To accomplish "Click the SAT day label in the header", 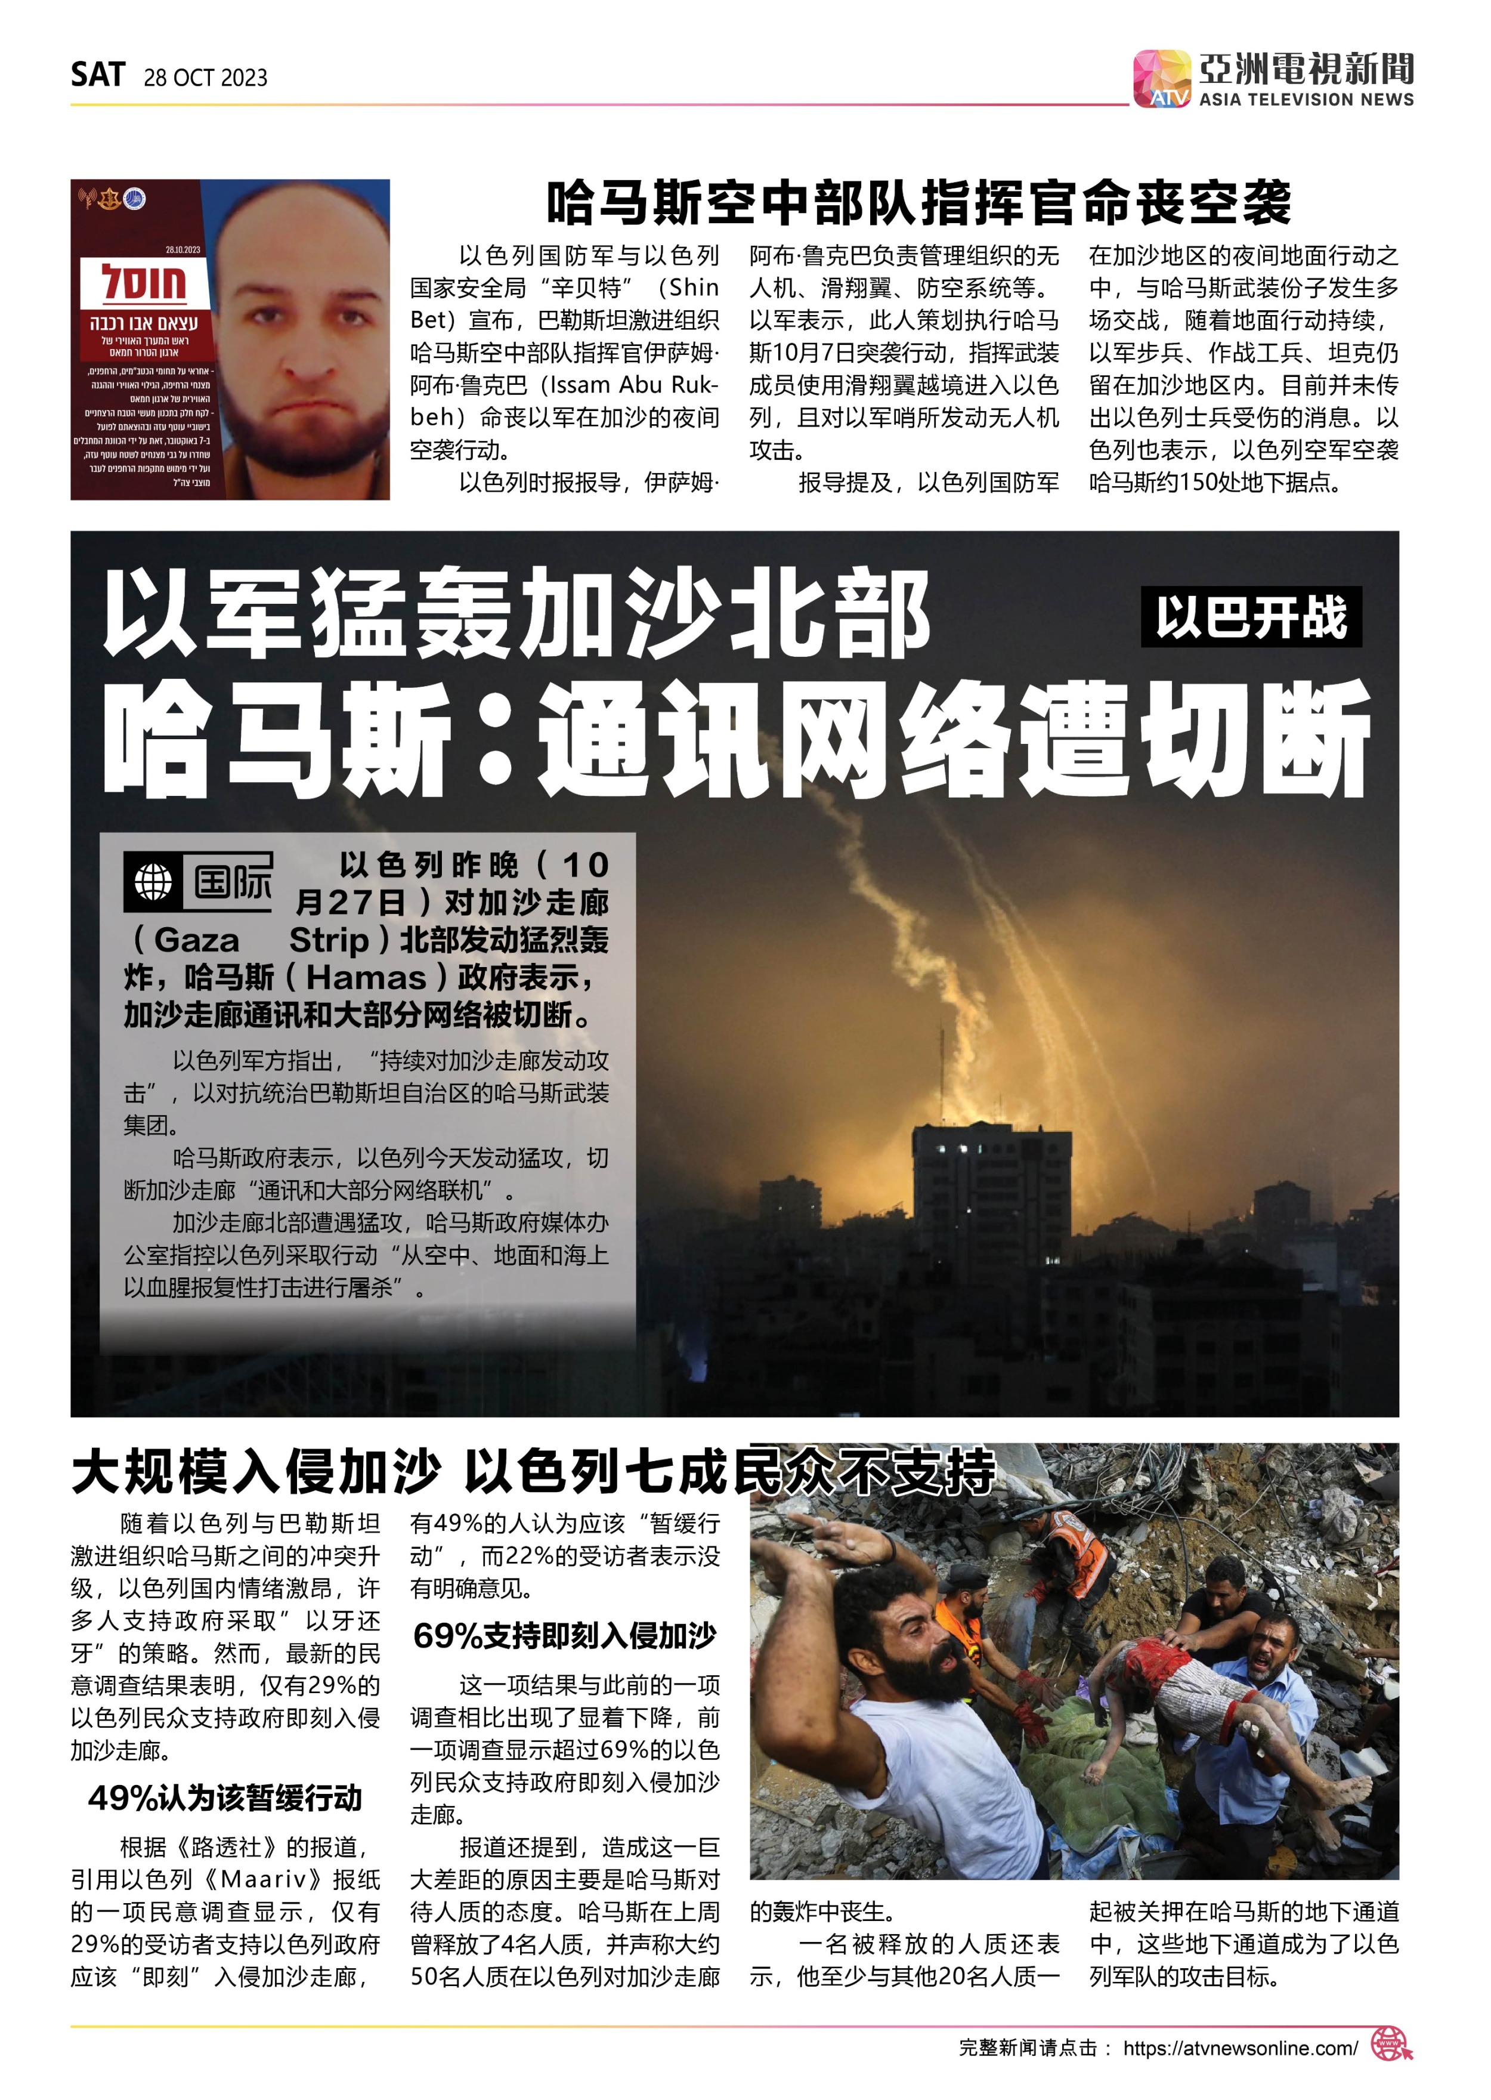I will tap(97, 75).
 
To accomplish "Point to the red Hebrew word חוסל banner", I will tap(144, 283).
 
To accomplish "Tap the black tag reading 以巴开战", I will tap(1251, 617).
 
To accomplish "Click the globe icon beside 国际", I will tap(153, 882).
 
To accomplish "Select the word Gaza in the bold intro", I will tap(196, 940).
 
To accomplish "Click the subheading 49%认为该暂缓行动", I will tap(225, 1798).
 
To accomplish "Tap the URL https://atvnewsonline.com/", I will tap(1239, 2047).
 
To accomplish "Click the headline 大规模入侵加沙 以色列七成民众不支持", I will tap(533, 1471).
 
